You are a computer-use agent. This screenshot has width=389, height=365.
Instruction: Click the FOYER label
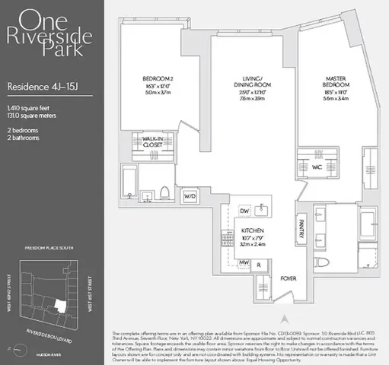pyautogui.click(x=286, y=278)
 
